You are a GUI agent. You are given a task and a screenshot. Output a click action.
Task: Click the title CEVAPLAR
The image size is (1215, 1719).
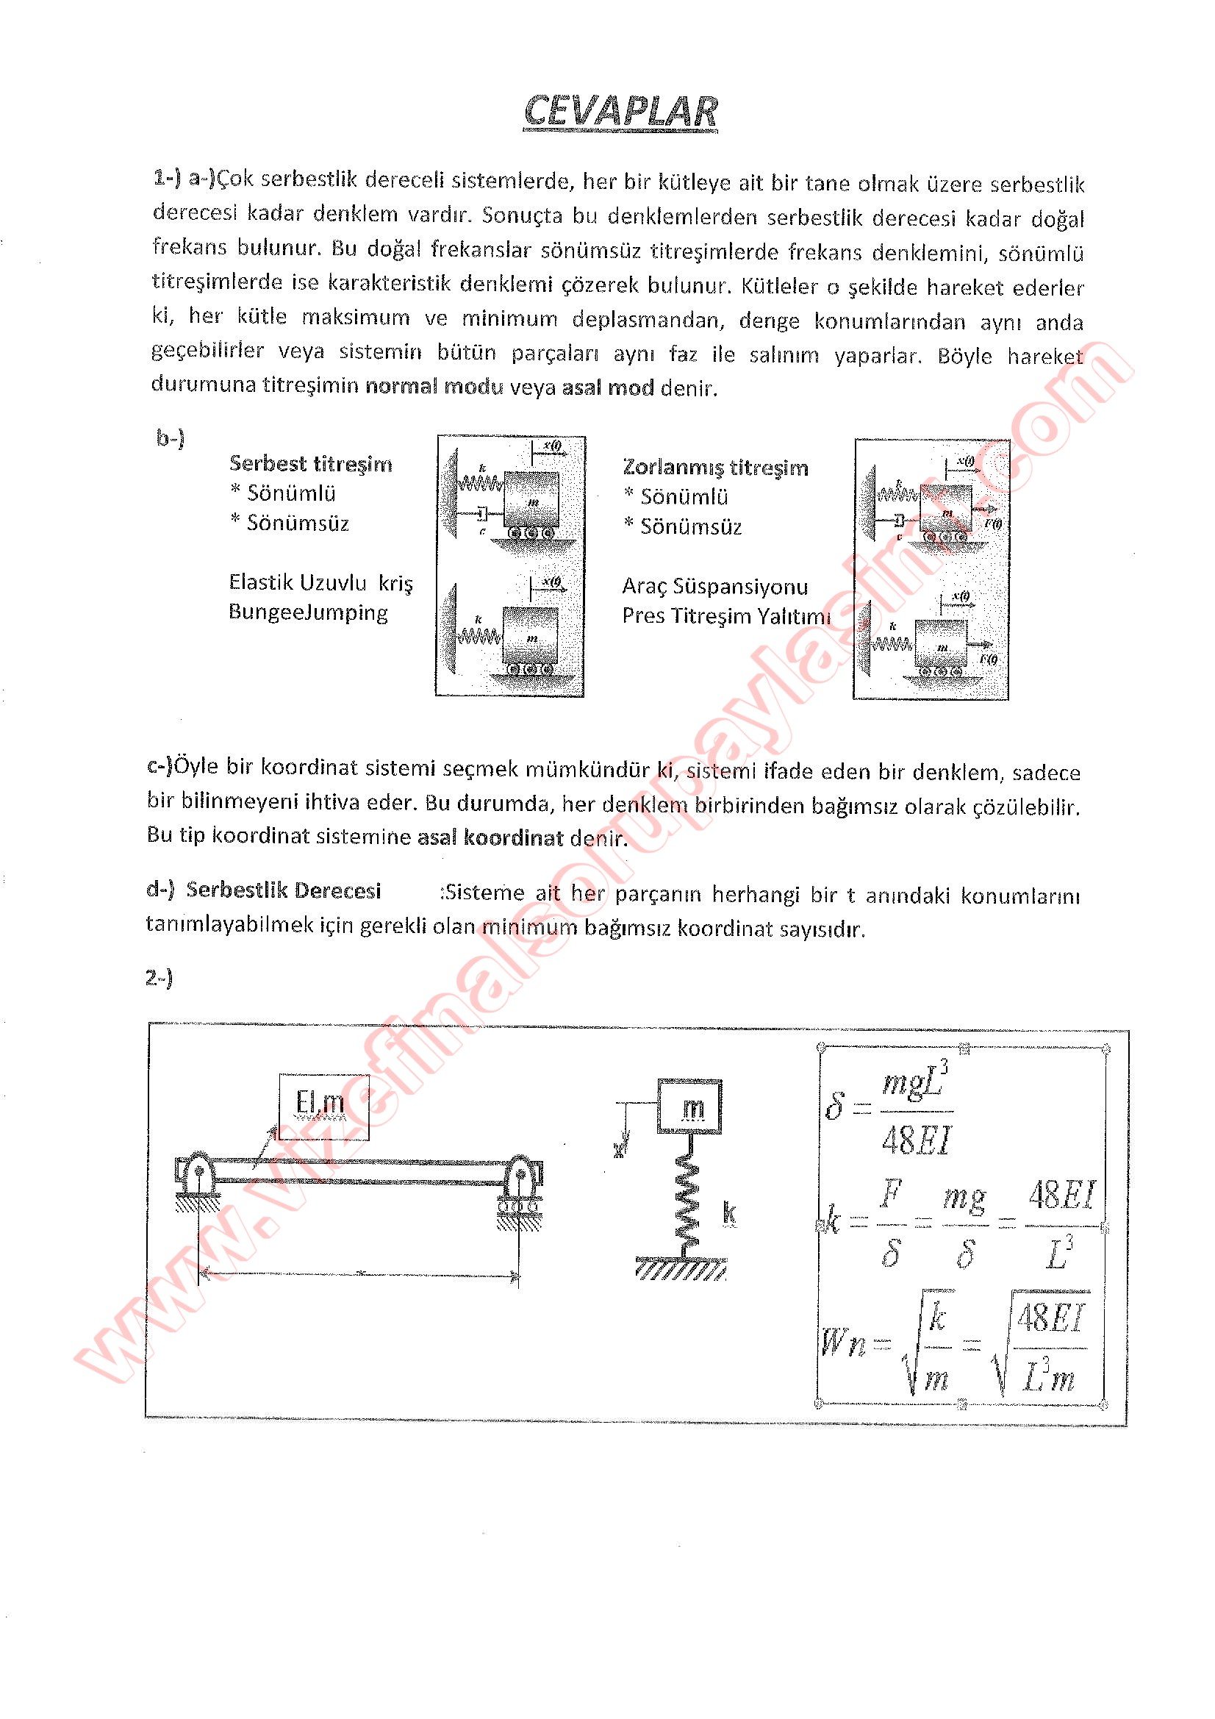pos(620,112)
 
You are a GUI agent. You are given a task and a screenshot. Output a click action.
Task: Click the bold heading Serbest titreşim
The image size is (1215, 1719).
pos(311,464)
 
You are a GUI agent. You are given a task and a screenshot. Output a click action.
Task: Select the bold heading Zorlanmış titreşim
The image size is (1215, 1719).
pos(715,468)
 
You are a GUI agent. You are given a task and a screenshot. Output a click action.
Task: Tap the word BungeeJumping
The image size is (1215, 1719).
pos(308,612)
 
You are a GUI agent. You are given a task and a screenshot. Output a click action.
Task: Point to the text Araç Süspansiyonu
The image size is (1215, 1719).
pos(714,586)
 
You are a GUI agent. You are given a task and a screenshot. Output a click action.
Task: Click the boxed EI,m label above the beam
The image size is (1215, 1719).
pos(320,1102)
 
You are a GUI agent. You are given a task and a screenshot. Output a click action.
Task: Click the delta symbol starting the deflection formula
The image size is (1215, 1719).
pos(835,1107)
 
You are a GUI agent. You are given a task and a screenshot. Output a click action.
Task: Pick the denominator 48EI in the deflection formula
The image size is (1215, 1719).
pos(916,1140)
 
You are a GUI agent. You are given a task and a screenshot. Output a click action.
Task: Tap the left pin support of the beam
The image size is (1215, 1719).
pos(196,1175)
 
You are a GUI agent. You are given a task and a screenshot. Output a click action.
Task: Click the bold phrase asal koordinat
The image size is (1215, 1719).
pos(490,837)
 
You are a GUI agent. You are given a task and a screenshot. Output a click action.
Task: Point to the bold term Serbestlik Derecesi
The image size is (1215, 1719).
pos(284,890)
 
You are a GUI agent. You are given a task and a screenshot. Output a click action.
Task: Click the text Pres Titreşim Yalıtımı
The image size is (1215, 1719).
pos(725,616)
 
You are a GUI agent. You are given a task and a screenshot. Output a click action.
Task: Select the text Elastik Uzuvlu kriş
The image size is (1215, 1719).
pos(320,582)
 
